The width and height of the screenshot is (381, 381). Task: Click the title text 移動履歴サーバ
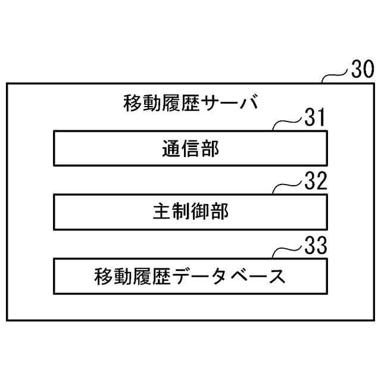click(x=190, y=103)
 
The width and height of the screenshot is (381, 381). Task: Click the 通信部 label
click(x=190, y=149)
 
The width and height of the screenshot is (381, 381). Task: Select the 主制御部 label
click(x=190, y=212)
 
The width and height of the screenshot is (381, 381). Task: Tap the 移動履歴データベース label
click(x=190, y=276)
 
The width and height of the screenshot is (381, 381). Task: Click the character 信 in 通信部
click(x=190, y=149)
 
